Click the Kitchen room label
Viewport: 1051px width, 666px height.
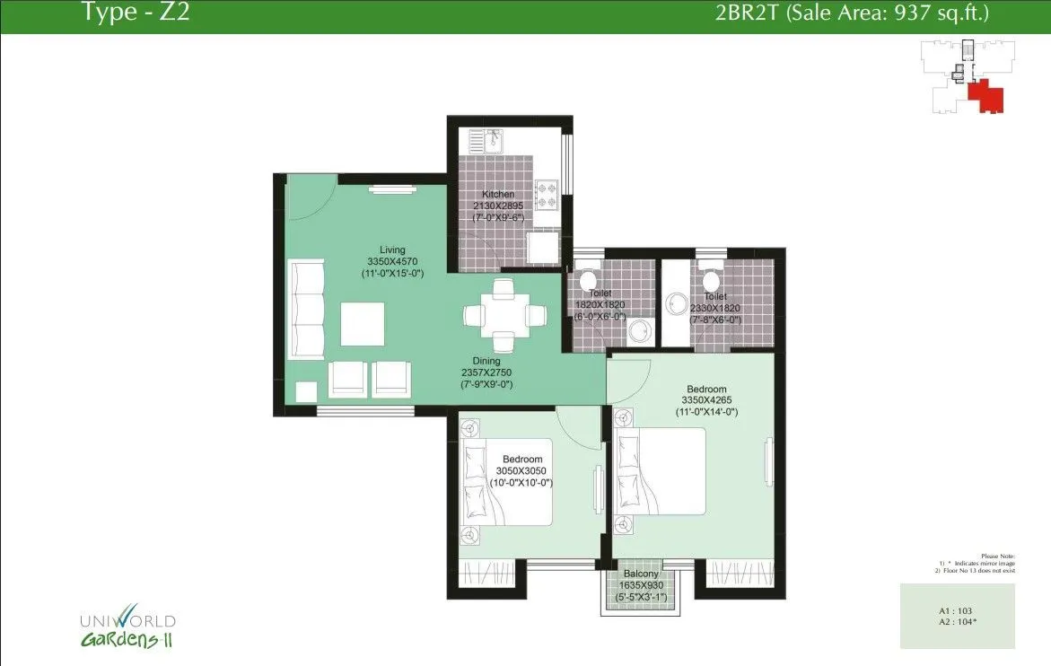498,195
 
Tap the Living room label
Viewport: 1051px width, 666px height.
392,250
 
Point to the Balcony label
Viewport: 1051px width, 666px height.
642,574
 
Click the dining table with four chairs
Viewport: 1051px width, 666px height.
504,316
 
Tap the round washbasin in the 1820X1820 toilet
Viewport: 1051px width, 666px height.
639,332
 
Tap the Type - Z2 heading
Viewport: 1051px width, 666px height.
135,13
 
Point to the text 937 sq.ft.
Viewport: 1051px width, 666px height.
946,13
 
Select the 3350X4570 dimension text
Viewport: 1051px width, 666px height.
392,261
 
